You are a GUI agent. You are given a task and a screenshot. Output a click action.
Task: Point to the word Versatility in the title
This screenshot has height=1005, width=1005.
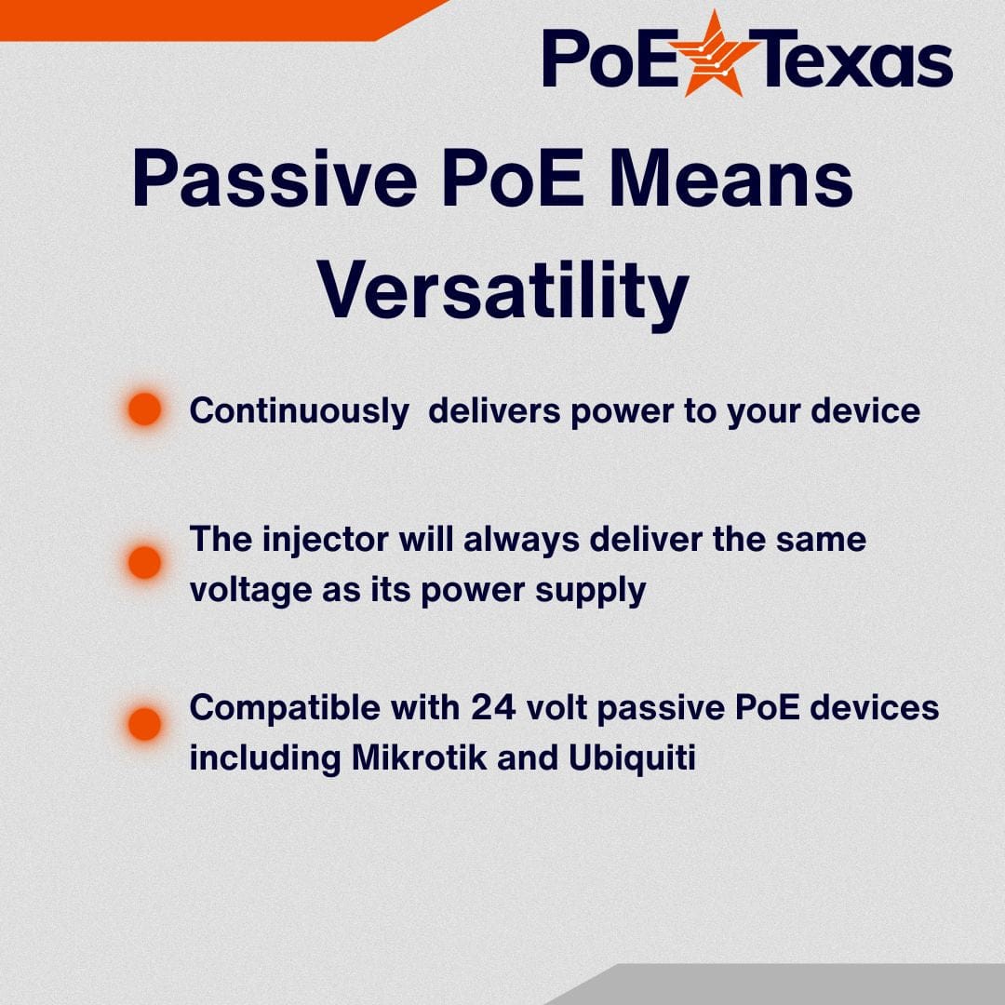pyautogui.click(x=502, y=292)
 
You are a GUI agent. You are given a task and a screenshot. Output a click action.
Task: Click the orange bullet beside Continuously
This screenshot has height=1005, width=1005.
pyautogui.click(x=144, y=409)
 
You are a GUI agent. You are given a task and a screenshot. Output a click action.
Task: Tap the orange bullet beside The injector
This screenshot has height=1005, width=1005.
pyautogui.click(x=144, y=562)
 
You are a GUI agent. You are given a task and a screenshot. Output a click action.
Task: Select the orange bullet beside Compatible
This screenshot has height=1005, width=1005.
pyautogui.click(x=144, y=723)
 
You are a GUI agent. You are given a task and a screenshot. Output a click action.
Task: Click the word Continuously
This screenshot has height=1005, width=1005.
pyautogui.click(x=299, y=411)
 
